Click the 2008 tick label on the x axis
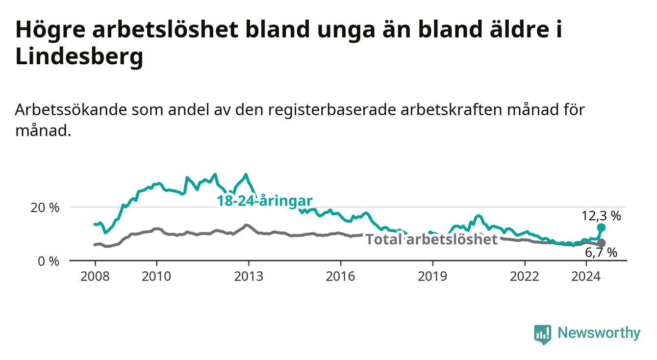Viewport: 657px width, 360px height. [95, 277]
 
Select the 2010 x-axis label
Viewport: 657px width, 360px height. [156, 277]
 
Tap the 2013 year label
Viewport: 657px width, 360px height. [249, 277]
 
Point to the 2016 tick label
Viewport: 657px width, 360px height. [341, 277]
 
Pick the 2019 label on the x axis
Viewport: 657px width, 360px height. [432, 277]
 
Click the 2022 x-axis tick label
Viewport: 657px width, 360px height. [525, 277]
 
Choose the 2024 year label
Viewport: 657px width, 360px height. [586, 277]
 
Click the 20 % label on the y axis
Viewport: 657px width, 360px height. [45, 208]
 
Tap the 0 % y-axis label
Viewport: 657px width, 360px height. [49, 261]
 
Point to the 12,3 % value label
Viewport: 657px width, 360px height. [601, 216]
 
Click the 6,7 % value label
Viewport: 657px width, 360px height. [601, 253]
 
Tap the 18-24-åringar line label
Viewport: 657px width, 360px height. [265, 201]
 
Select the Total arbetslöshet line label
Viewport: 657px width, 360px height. [431, 239]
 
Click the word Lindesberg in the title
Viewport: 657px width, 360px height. [79, 56]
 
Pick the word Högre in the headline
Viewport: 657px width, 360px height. [50, 30]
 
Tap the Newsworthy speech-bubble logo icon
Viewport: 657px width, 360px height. [543, 334]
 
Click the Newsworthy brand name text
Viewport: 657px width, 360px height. [599, 333]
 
